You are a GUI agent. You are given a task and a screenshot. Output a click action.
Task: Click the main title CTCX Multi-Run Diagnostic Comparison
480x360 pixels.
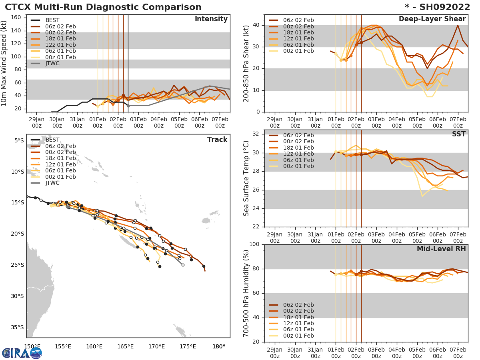pyautogui.click(x=103, y=7)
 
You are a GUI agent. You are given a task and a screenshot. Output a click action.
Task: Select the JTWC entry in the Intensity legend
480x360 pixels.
pyautogui.click(x=52, y=63)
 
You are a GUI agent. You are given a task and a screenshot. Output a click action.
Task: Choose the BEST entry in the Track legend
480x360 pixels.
pyautogui.click(x=52, y=140)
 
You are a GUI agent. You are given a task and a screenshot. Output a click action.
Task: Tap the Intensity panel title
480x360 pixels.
pyautogui.click(x=211, y=19)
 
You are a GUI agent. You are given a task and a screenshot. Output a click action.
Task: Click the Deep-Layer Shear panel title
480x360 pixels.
pyautogui.click(x=432, y=19)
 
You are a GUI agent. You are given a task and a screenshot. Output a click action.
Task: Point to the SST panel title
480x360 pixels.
pyautogui.click(x=458, y=134)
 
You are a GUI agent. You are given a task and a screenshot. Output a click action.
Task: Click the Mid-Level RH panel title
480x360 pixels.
pyautogui.click(x=441, y=249)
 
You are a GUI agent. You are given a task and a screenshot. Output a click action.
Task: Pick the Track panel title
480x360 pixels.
pyautogui.click(x=217, y=140)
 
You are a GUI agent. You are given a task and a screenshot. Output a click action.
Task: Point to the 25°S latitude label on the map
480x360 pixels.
pyautogui.click(x=18, y=265)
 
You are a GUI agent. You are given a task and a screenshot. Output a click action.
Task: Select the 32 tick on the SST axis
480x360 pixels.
pyautogui.click(x=257, y=134)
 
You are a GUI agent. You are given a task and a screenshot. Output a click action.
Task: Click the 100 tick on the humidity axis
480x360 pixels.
pyautogui.click(x=255, y=244)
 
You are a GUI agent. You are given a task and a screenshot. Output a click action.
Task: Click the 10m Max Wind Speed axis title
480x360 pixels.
pyautogui.click(x=4, y=63)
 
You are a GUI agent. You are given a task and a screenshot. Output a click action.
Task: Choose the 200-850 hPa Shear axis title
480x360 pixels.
pyautogui.click(x=246, y=63)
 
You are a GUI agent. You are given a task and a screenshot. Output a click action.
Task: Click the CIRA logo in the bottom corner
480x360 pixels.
pyautogui.click(x=22, y=353)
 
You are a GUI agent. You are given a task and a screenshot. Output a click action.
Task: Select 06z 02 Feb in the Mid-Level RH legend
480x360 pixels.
pyautogui.click(x=298, y=305)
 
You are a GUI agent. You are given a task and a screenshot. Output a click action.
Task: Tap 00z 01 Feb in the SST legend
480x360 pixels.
pyautogui.click(x=298, y=166)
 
